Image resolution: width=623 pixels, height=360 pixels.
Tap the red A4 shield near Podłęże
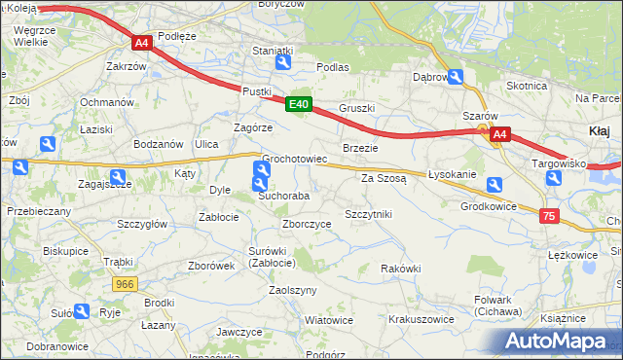click(142, 43)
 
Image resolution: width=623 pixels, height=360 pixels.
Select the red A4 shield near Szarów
click(499, 134)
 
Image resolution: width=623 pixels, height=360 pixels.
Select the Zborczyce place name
click(307, 224)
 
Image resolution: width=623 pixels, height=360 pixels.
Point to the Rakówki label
click(400, 269)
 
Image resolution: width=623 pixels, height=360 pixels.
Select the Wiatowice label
click(328, 320)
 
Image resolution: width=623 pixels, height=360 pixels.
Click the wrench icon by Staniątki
click(282, 63)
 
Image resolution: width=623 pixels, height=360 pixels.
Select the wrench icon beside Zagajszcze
click(119, 178)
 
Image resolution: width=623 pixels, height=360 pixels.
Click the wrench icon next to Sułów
click(82, 312)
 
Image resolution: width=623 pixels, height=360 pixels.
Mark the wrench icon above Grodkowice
click(495, 184)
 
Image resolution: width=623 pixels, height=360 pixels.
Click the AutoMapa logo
click(558, 342)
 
